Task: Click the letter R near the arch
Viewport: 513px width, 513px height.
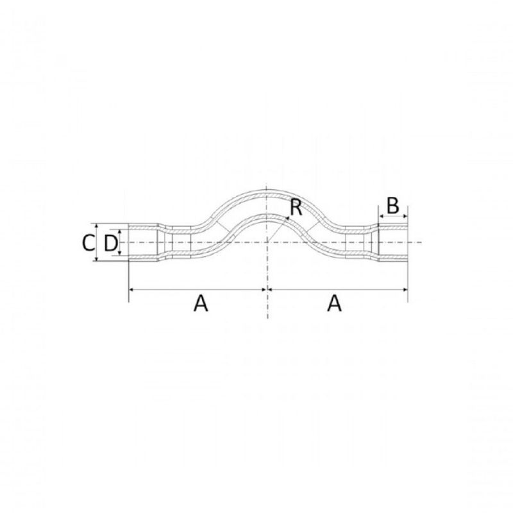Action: tap(296, 206)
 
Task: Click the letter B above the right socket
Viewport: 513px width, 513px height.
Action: tap(393, 206)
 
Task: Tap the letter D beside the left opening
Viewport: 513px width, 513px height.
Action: tap(110, 242)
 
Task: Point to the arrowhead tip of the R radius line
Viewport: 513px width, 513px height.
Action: tap(289, 218)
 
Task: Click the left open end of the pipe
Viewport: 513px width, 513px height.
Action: tap(129, 242)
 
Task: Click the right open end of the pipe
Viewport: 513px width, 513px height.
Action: tap(407, 242)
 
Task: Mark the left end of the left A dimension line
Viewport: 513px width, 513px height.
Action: tap(130, 290)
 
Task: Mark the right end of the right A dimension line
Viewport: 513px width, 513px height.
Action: tap(407, 290)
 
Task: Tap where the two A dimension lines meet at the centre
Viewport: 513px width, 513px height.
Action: tap(267, 290)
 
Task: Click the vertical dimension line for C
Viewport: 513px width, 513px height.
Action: tap(96, 242)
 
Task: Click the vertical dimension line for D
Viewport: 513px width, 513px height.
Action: tap(120, 242)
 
